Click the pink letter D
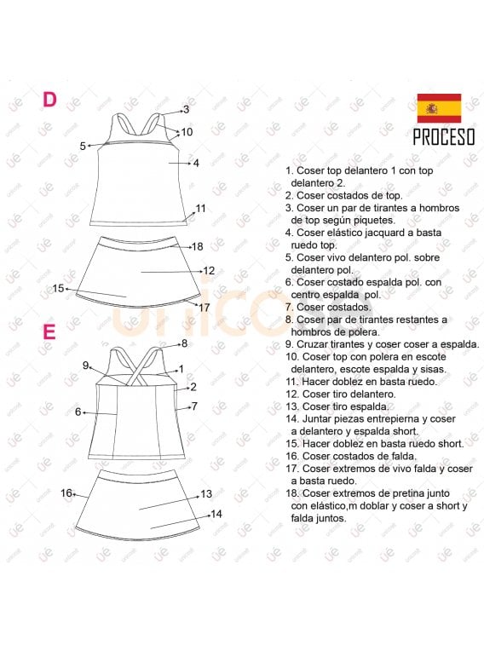(x=49, y=100)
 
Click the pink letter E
(x=49, y=331)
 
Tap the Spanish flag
(x=438, y=108)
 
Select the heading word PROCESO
(x=443, y=138)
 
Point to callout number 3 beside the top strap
(x=186, y=109)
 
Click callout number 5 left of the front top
(x=83, y=146)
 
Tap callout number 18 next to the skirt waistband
(x=197, y=246)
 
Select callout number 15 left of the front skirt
(x=59, y=288)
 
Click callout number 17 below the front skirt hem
(x=204, y=306)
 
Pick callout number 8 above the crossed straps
(x=183, y=343)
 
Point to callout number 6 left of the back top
(x=78, y=412)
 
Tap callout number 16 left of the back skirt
(x=66, y=492)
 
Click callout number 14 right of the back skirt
(x=216, y=514)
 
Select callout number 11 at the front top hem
(x=200, y=208)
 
